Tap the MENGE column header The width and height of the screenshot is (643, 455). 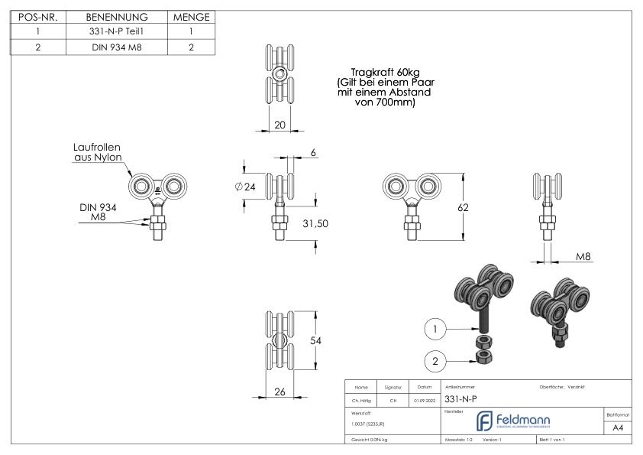[192, 17]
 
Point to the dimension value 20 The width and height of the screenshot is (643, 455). [279, 125]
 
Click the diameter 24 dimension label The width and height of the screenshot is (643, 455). [245, 187]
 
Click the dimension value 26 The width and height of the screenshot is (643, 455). [279, 392]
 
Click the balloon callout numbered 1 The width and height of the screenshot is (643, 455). [435, 329]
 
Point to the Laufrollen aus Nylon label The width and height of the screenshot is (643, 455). [96, 151]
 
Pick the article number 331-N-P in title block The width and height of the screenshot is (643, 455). [461, 399]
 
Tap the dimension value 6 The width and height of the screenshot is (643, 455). [313, 153]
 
